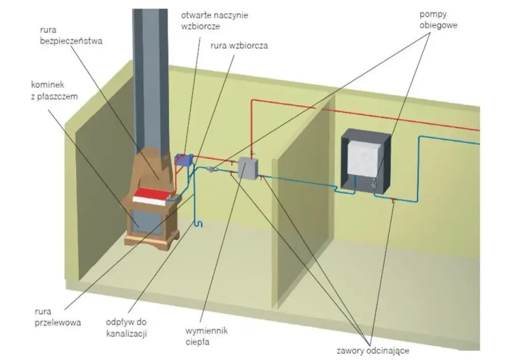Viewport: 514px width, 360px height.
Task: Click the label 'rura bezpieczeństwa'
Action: click(71, 35)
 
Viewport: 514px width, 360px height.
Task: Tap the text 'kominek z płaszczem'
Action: click(54, 91)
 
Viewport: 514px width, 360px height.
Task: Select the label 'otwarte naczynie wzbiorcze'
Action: click(214, 21)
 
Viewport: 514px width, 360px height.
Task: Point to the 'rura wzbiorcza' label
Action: click(239, 45)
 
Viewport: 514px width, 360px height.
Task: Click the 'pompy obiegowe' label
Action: click(438, 20)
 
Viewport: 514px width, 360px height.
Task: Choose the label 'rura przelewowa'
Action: click(58, 317)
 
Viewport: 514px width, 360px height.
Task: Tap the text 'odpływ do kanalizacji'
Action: click(126, 328)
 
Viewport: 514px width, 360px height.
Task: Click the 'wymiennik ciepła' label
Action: click(207, 336)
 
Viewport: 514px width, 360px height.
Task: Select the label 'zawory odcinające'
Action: click(373, 351)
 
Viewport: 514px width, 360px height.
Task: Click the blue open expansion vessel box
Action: click(184, 159)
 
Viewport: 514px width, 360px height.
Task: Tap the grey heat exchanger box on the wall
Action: click(248, 168)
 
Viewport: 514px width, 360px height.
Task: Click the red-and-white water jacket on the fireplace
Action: click(153, 196)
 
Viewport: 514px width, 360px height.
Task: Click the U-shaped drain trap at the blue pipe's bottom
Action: click(198, 224)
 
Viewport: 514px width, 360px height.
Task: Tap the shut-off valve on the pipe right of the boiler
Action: click(393, 200)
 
